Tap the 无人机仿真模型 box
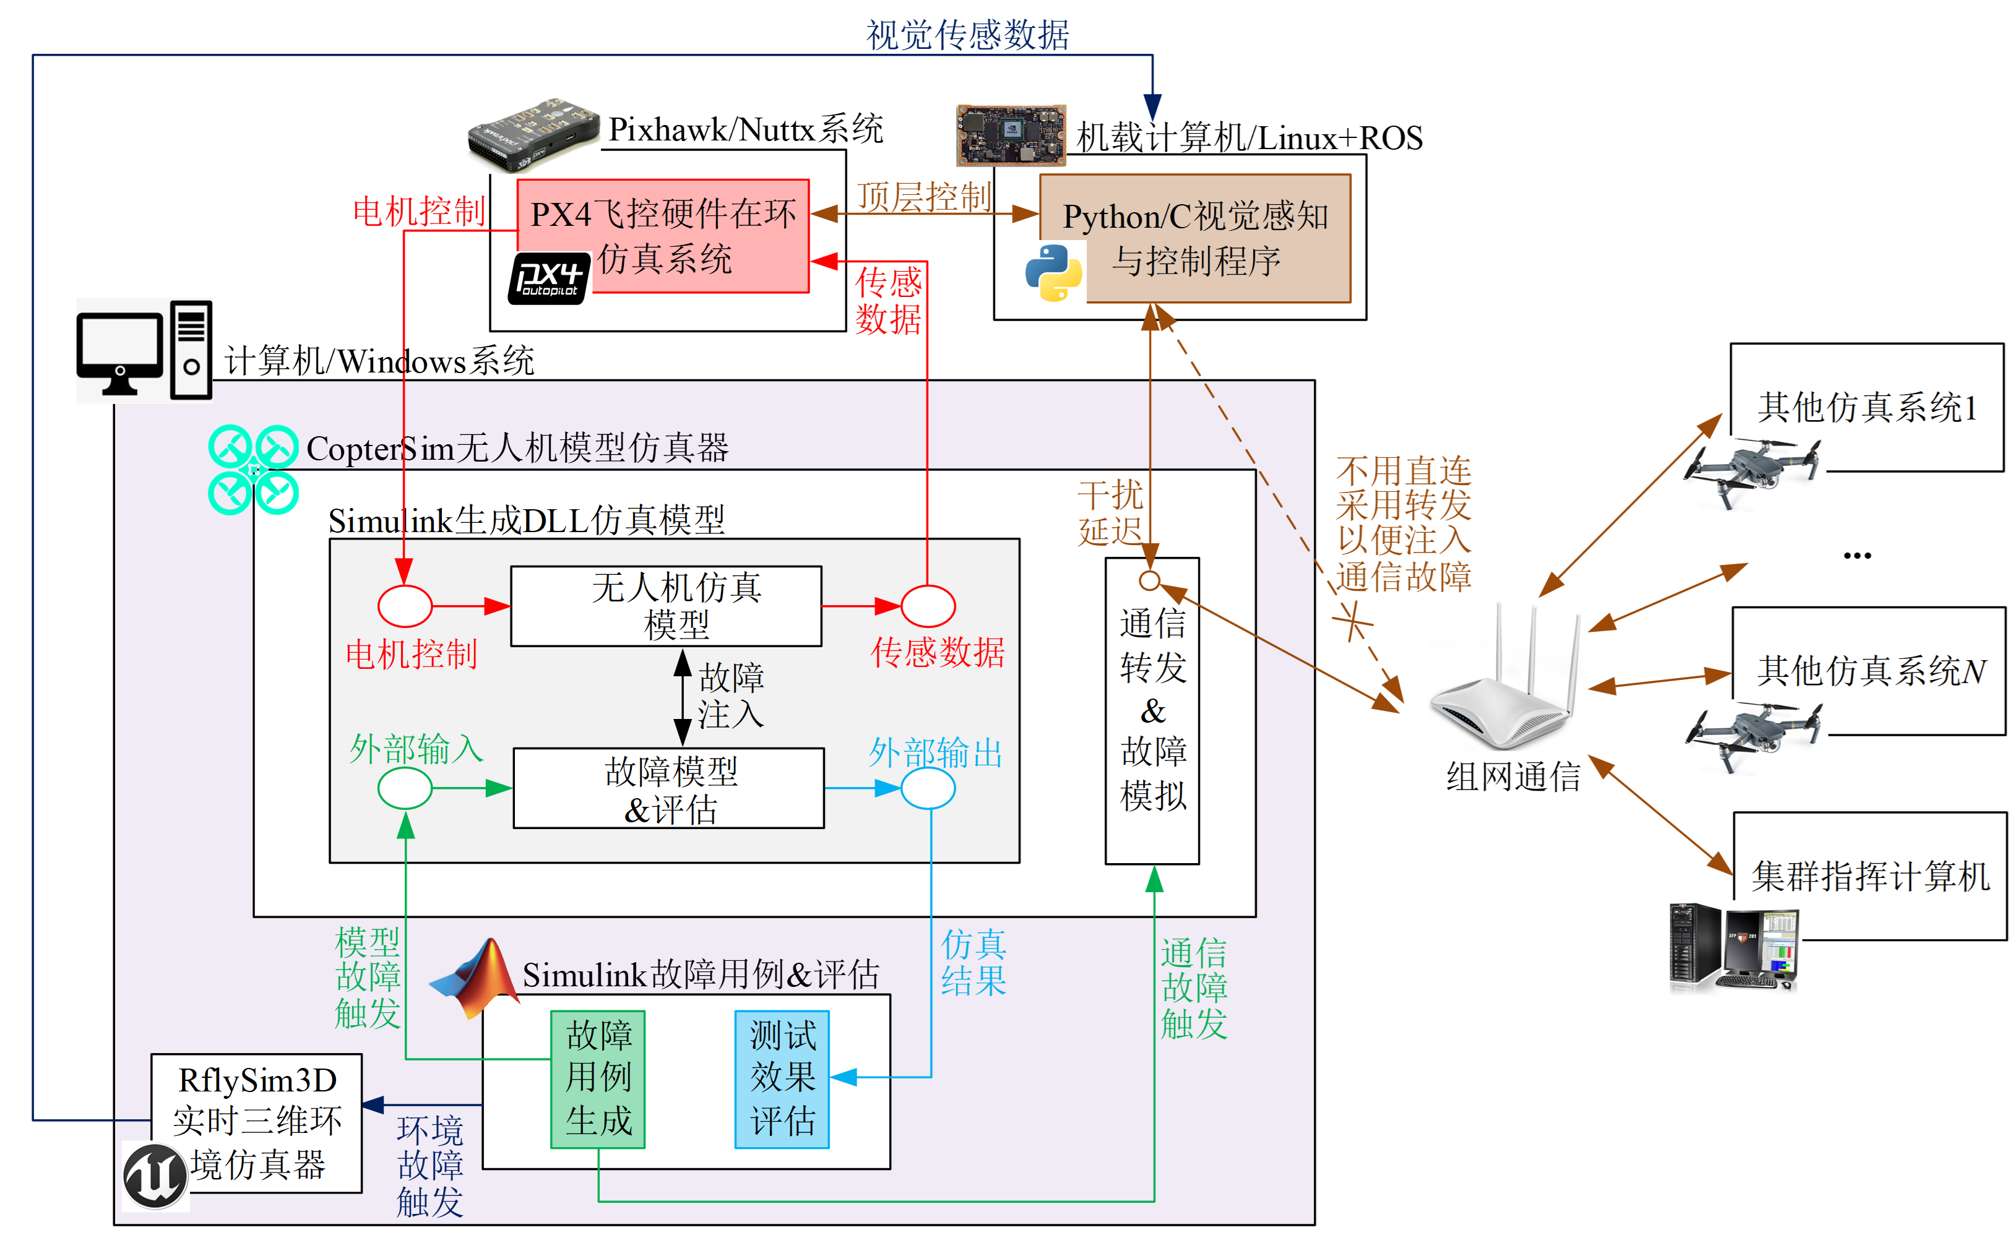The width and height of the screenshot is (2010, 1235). coord(666,606)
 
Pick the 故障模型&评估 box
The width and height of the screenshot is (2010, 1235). coord(668,788)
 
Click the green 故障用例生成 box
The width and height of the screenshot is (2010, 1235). coord(598,1078)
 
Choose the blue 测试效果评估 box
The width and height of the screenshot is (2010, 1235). coord(782,1078)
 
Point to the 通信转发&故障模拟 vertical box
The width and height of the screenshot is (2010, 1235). coord(1152,710)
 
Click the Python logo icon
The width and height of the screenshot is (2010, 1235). coord(1053,272)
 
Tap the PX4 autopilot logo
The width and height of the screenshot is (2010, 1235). coord(549,278)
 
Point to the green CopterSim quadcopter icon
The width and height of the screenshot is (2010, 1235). coord(253,470)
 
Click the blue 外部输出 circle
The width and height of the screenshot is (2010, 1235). coord(928,788)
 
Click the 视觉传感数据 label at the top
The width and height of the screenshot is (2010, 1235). coord(967,34)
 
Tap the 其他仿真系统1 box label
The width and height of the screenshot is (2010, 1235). coord(1866,407)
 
